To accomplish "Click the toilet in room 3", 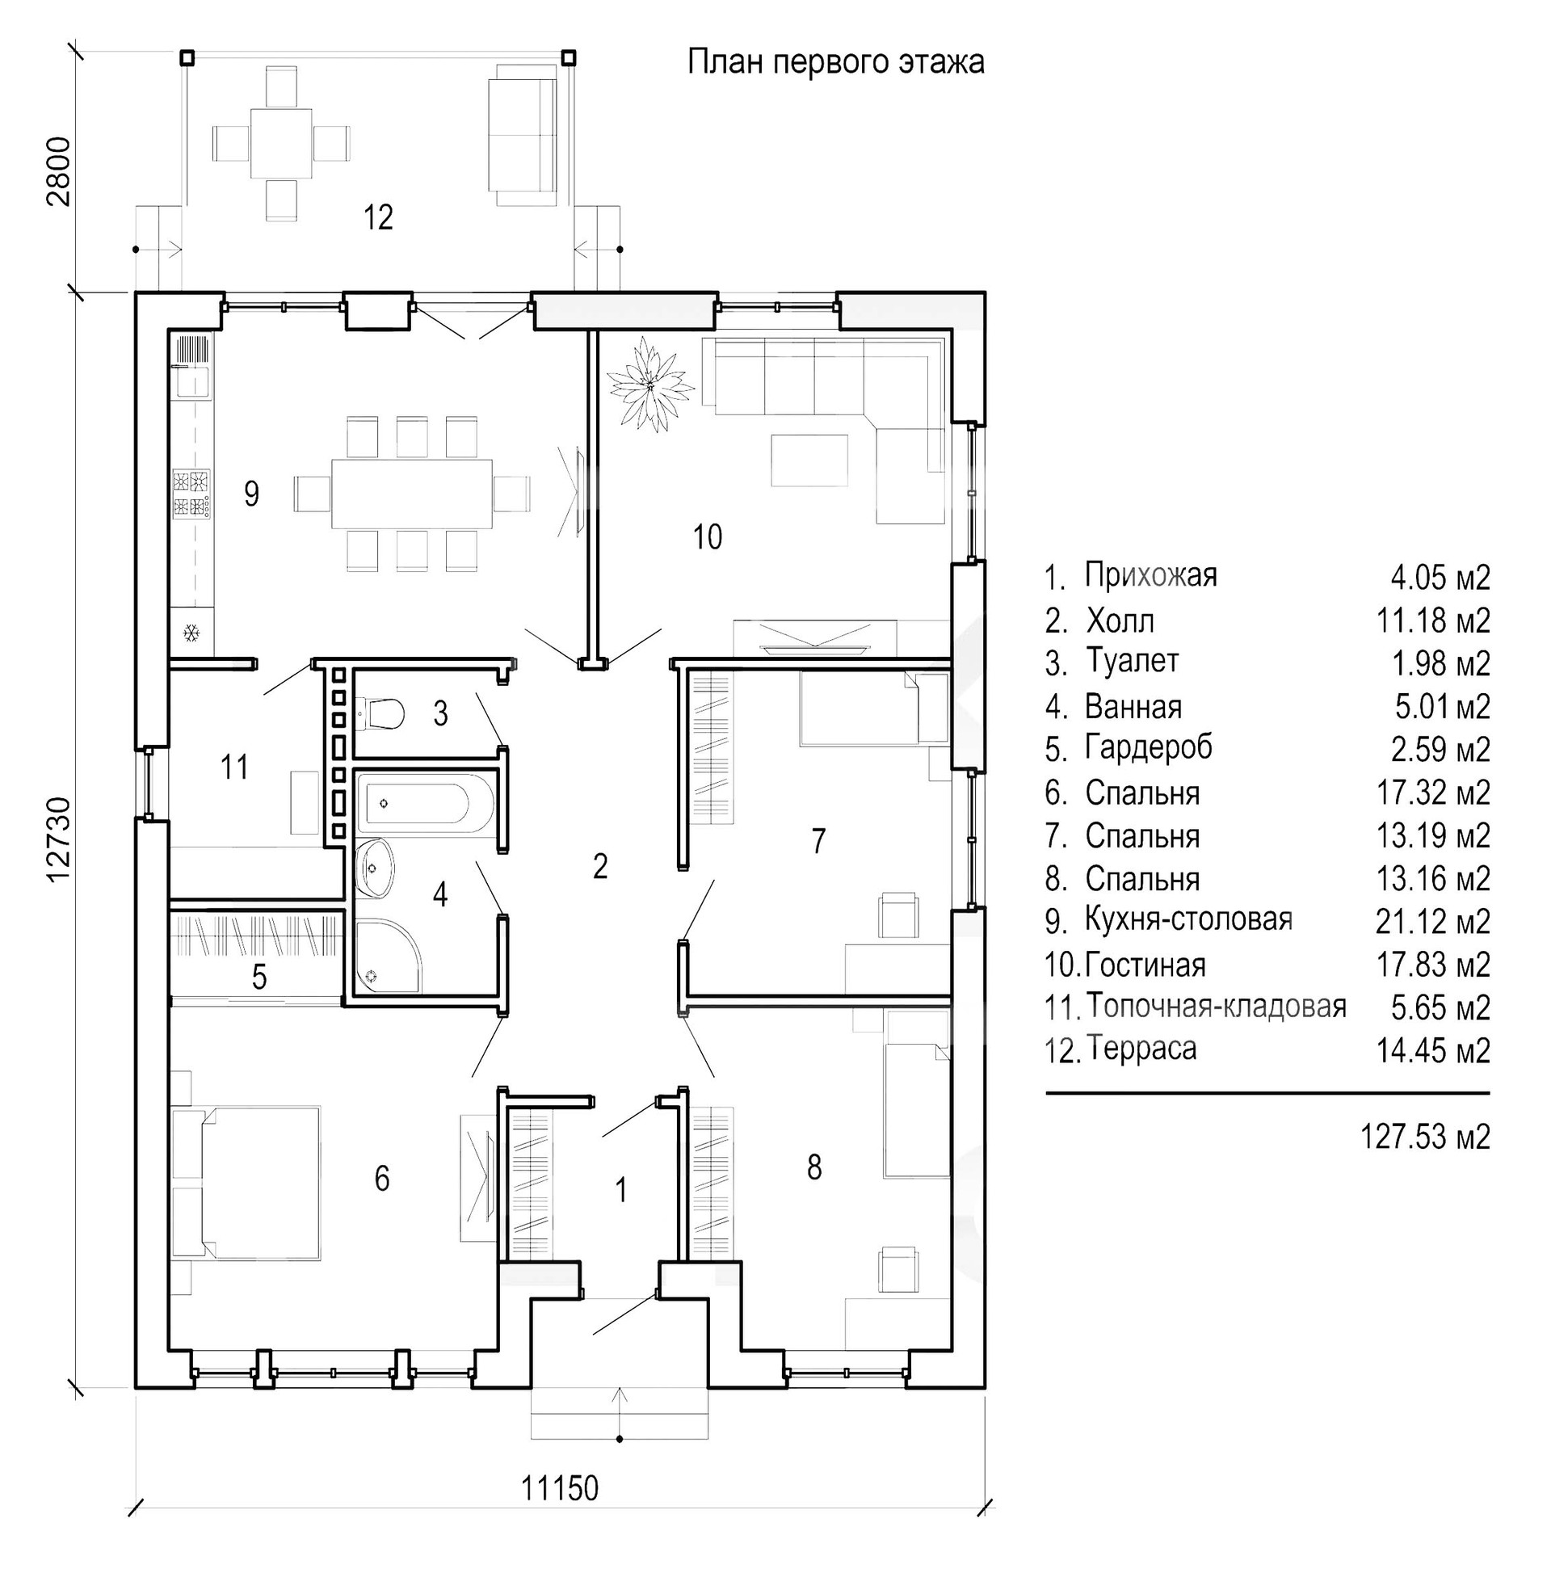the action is click(x=381, y=713).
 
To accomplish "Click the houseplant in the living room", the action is click(x=650, y=385).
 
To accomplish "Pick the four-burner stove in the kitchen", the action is click(x=191, y=494).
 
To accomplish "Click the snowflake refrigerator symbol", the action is click(x=192, y=632).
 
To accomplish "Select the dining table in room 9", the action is click(x=411, y=494).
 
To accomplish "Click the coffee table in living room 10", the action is click(x=809, y=460).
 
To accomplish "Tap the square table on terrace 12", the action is click(x=281, y=143).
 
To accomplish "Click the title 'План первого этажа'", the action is click(x=836, y=62).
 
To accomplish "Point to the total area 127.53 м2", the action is click(x=1425, y=1136).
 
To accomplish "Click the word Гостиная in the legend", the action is click(x=1145, y=965).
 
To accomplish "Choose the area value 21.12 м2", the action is click(x=1433, y=921).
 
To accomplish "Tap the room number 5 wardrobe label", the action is click(x=259, y=977).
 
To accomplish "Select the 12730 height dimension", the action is click(x=59, y=839).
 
